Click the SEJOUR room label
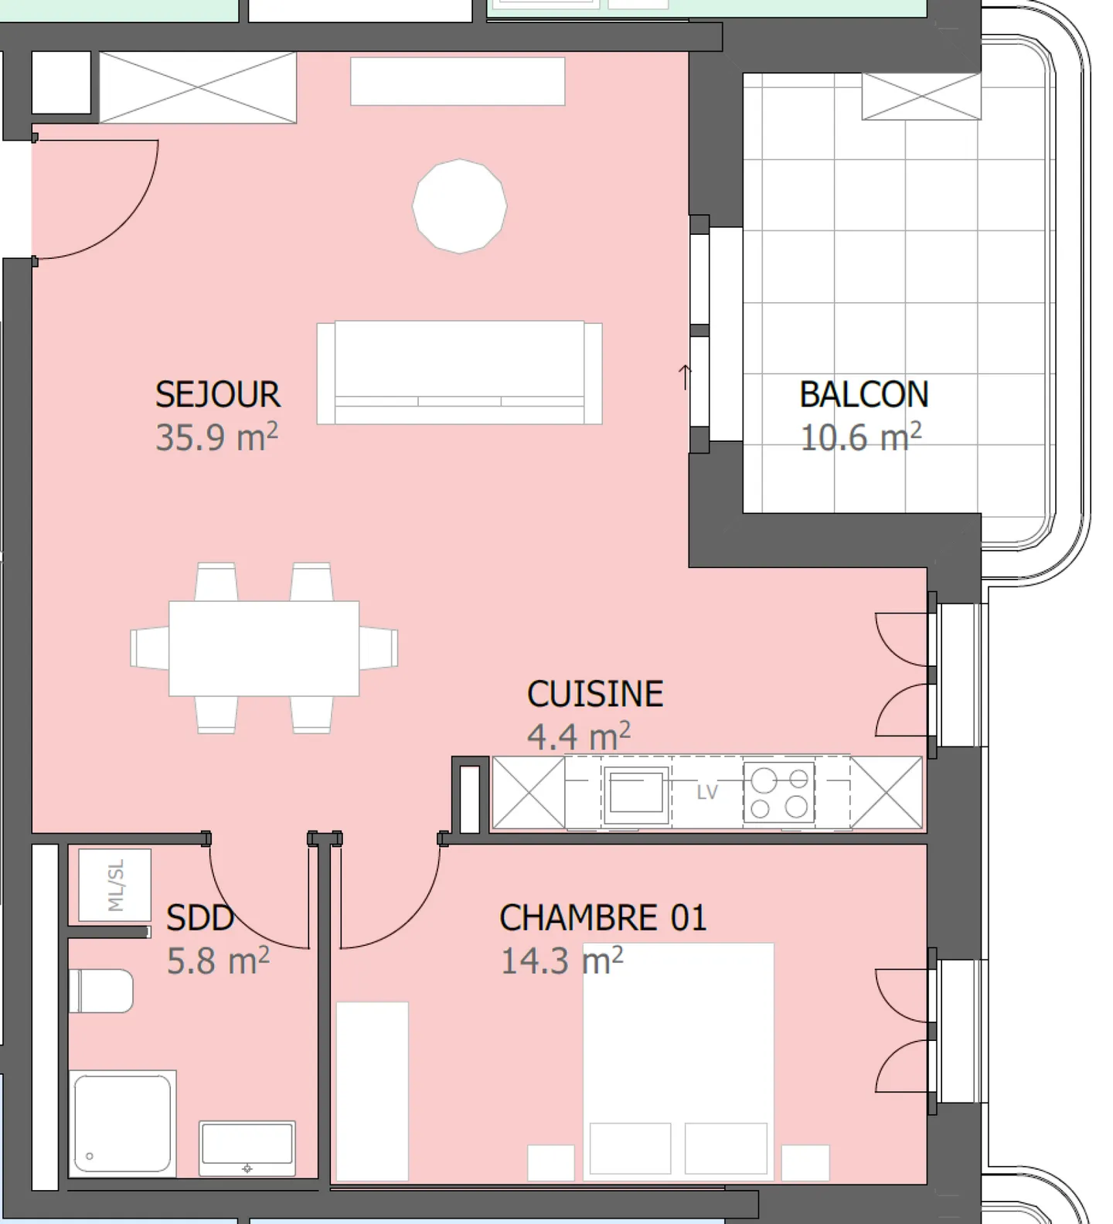[217, 395]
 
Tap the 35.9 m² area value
[216, 437]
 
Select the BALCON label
[863, 395]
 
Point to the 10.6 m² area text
[859, 438]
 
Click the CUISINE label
[594, 694]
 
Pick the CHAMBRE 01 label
[603, 918]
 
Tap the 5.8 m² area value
[218, 961]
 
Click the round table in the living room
[459, 206]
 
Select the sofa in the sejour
[459, 372]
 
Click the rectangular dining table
[264, 648]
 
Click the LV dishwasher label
[707, 793]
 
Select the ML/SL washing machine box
[115, 886]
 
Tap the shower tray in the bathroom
[122, 1124]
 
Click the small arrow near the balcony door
[685, 376]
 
